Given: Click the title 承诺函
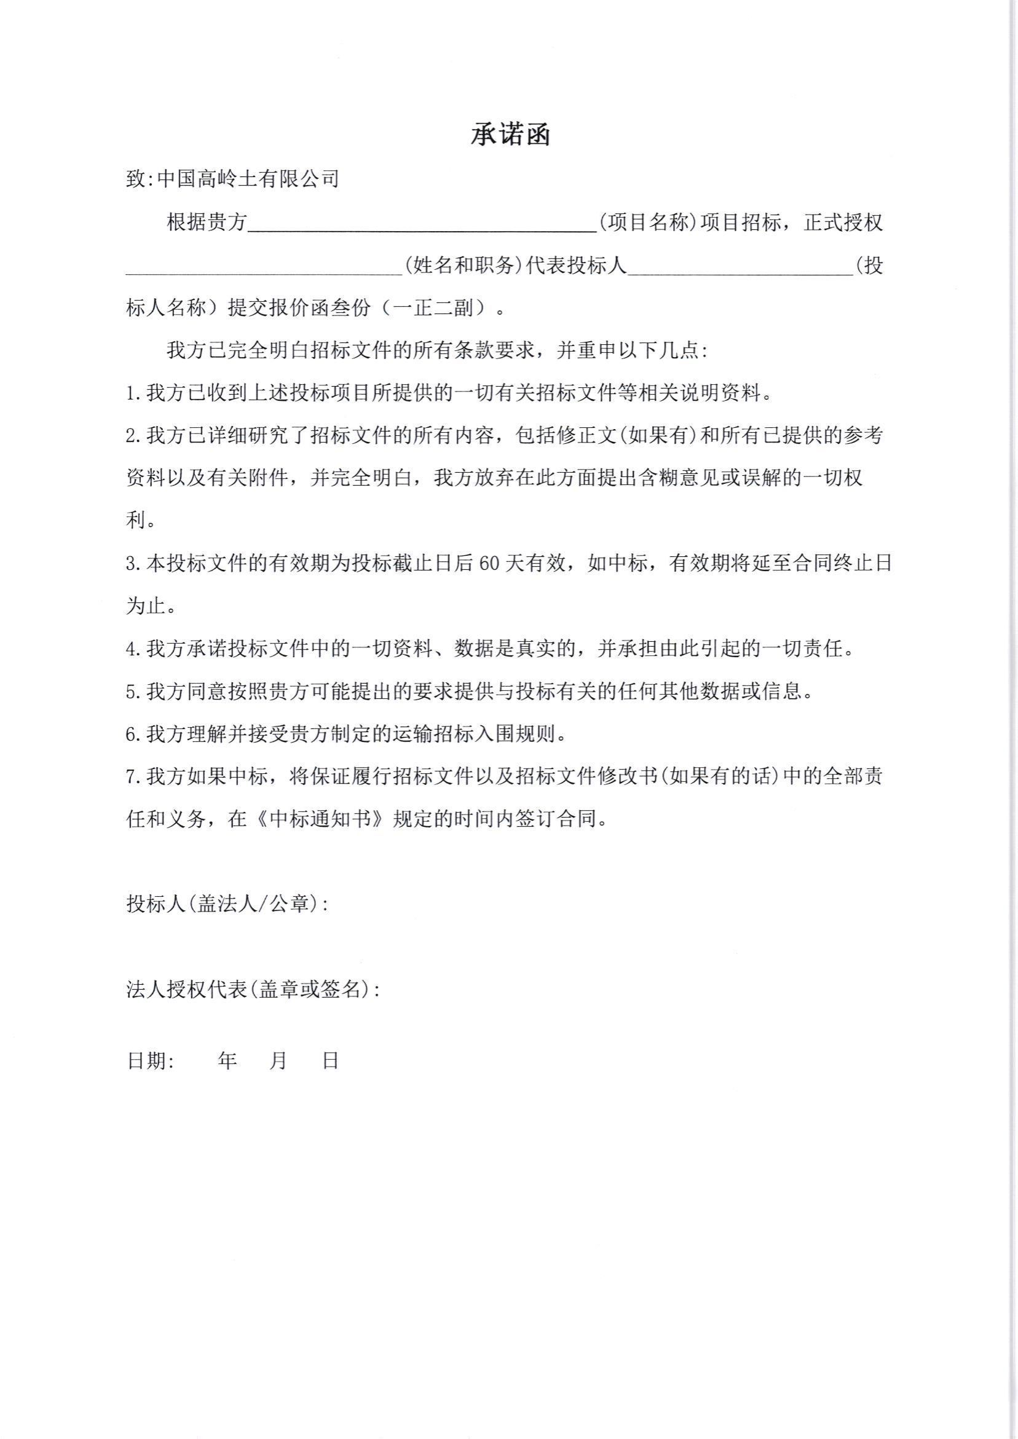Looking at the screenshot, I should pos(510,135).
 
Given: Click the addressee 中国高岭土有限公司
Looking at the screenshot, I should pos(248,179).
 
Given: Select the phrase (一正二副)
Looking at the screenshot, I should pos(435,309).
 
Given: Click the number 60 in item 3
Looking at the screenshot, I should pos(488,564).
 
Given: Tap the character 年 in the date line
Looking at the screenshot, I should pos(227,1060).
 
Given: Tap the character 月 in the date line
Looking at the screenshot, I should pos(278,1060).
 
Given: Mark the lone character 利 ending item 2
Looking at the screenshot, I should pos(136,521).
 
